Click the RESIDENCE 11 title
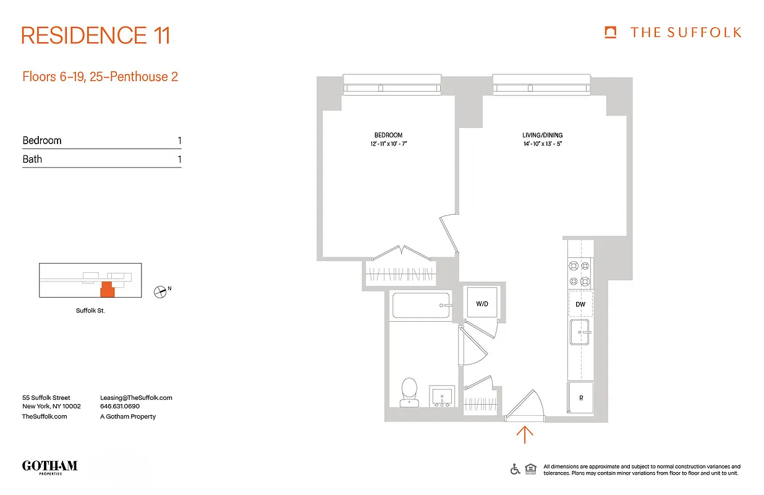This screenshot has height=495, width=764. (96, 35)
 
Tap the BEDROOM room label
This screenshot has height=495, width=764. (388, 136)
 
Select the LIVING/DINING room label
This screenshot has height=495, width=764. (542, 136)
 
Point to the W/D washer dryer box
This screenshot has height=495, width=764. (482, 304)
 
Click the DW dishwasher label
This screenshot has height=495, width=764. (580, 304)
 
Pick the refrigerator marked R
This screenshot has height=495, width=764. (580, 398)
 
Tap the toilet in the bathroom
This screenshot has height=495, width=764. (409, 392)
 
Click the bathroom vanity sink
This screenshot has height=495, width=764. (441, 395)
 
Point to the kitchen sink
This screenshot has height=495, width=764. (580, 332)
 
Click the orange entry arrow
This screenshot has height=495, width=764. (525, 434)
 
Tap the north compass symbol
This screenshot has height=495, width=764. (161, 291)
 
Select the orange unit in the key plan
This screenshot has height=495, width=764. (108, 289)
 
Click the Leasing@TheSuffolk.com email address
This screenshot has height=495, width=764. (136, 398)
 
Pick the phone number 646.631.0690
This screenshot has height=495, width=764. (120, 407)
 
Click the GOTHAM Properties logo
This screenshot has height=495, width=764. (49, 467)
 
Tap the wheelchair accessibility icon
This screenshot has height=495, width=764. (515, 469)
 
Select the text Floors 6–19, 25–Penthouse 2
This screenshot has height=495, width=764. (100, 77)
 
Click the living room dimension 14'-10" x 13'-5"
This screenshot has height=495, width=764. (542, 144)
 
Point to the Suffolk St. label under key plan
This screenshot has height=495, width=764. (90, 311)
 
